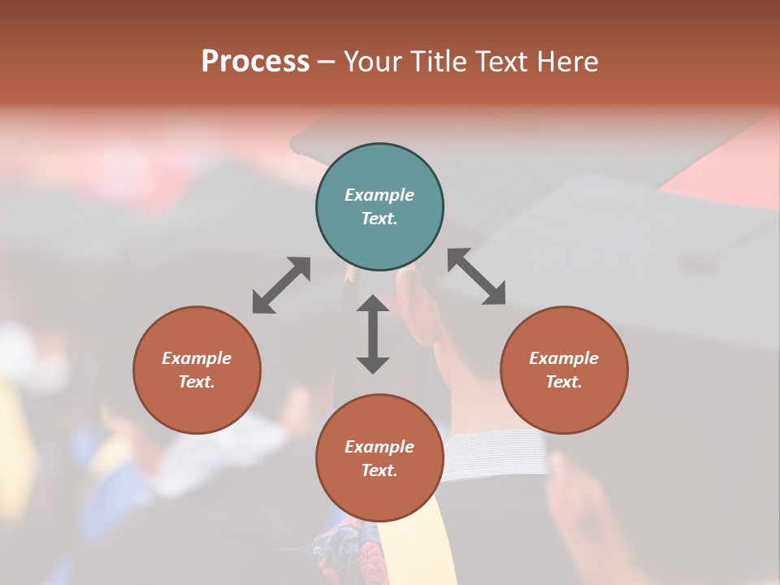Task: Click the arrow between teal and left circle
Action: [281, 285]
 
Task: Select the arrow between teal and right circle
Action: [477, 276]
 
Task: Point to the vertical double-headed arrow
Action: [373, 334]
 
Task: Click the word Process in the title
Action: [255, 61]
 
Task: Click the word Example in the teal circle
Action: [379, 195]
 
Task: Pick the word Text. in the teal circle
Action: [379, 219]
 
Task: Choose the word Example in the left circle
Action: [197, 358]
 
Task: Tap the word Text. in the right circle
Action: [564, 382]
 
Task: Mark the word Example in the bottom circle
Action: [379, 447]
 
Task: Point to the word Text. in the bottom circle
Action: [379, 470]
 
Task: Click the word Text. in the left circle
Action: [197, 382]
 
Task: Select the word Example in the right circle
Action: [564, 358]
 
